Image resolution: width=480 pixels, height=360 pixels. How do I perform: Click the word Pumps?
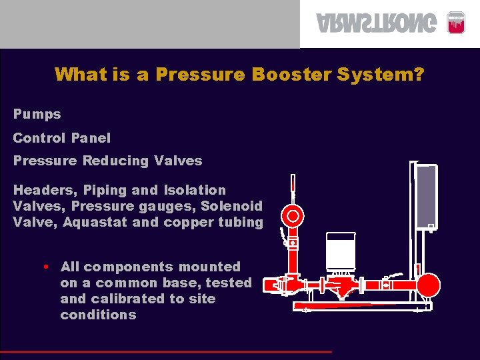(37, 114)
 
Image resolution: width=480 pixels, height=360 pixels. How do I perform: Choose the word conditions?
(98, 315)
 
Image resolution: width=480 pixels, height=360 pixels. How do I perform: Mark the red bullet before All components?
(44, 267)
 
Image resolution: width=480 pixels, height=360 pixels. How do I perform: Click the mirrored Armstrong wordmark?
(378, 23)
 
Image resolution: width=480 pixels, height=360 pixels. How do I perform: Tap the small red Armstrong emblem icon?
(455, 22)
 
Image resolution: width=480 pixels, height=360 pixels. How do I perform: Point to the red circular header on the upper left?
(293, 215)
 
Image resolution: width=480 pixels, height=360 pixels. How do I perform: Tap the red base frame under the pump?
(360, 307)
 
